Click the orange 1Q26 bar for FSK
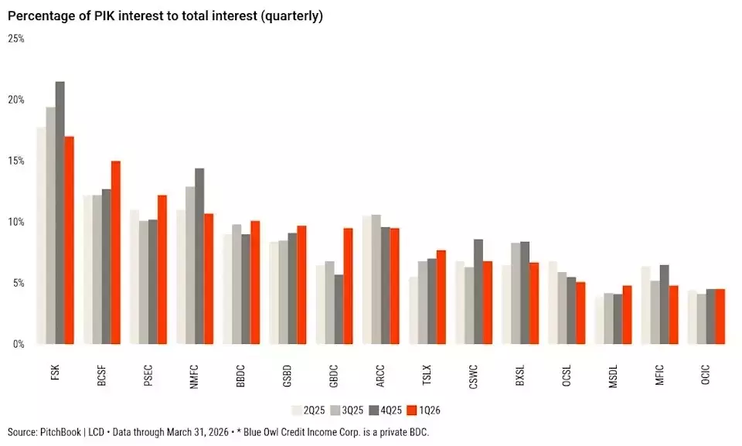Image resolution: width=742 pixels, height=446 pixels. pos(69,240)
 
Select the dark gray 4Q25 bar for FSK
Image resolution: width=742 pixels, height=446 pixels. pos(60,213)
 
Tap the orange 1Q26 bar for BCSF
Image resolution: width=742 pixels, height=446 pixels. pos(116,252)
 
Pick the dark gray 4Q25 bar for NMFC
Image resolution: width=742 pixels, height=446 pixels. pos(199,256)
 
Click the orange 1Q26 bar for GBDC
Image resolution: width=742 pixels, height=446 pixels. pos(349,286)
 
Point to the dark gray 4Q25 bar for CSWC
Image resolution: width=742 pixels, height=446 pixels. pos(478,291)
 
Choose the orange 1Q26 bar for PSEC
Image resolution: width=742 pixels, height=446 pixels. pos(162,270)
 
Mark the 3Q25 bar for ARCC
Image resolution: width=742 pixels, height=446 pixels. pos(376,279)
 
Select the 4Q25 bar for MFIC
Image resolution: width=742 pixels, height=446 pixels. pos(665,305)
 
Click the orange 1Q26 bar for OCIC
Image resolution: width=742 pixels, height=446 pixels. pos(720,316)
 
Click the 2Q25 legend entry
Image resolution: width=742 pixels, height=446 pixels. pos(308,410)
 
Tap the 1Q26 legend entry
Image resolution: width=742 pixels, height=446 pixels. pos(424,410)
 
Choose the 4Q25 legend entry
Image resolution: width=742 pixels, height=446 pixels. pos(385,410)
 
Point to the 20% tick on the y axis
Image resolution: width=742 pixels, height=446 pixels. pos(16,100)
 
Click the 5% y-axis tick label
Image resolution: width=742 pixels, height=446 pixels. pos(18,283)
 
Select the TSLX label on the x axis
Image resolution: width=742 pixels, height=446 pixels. pos(427,375)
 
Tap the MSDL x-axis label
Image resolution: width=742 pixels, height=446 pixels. pos(613,376)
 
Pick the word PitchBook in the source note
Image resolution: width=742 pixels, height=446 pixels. pos(60,432)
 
